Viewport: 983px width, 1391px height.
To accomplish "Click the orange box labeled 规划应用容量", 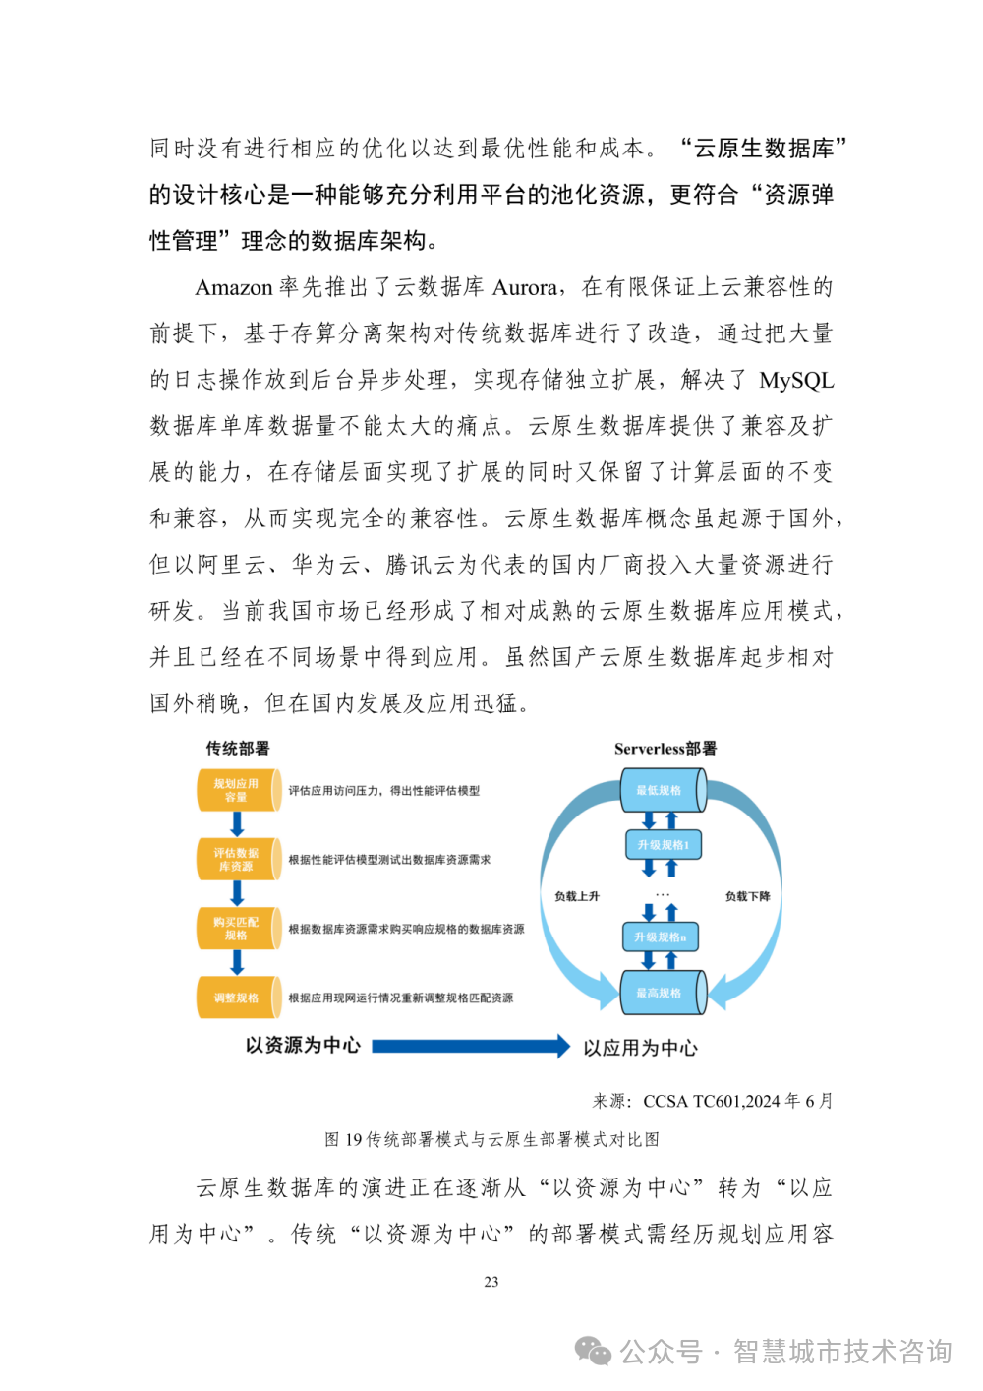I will click(x=237, y=790).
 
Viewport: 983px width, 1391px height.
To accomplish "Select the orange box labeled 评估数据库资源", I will click(x=237, y=859).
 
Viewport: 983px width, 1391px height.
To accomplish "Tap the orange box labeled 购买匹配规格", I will click(x=237, y=929).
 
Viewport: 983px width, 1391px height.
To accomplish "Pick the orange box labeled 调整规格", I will click(x=237, y=998).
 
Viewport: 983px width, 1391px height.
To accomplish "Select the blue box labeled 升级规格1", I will click(x=663, y=844).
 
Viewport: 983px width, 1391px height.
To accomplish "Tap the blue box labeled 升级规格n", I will click(x=660, y=937).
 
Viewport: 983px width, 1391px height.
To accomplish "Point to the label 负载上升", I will click(x=576, y=896).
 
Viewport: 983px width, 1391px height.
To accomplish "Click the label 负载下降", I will click(x=747, y=896).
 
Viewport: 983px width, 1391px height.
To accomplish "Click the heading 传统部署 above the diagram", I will click(x=237, y=749).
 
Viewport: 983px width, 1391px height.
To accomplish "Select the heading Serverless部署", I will click(x=665, y=749).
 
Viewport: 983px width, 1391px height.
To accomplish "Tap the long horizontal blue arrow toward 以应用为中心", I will click(x=470, y=1046).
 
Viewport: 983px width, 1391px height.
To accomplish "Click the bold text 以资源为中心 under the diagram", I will click(x=303, y=1045).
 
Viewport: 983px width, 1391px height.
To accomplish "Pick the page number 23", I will click(x=491, y=1282).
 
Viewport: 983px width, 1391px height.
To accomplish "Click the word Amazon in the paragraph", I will click(x=233, y=287).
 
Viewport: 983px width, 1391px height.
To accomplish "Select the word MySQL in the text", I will click(x=796, y=380).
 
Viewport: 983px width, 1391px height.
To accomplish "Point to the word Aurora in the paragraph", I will click(x=525, y=287).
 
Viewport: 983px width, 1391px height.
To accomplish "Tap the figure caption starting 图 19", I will click(x=491, y=1139).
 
